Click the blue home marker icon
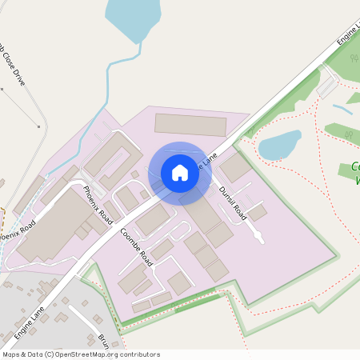pos(180,173)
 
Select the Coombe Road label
pos(136,241)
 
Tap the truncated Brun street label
pos(103,338)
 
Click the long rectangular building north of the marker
pos(190,124)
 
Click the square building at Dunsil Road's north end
pos(235,168)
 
